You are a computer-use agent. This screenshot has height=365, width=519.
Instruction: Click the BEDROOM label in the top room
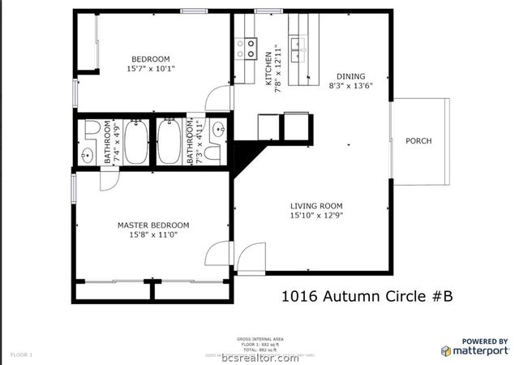click(x=151, y=58)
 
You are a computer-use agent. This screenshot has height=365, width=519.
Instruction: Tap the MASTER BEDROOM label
click(x=153, y=225)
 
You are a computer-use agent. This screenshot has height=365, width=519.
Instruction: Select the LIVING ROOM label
click(x=317, y=205)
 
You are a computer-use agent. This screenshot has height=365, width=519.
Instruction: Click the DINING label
click(x=345, y=74)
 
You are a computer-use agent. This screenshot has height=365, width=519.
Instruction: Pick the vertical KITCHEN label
click(x=269, y=69)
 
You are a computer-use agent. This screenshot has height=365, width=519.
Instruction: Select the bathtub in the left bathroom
click(x=135, y=142)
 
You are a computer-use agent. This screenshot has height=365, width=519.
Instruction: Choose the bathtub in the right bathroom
click(x=170, y=142)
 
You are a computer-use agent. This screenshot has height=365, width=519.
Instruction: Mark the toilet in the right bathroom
click(x=213, y=152)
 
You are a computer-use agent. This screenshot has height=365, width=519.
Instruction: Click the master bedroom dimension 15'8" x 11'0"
click(x=153, y=235)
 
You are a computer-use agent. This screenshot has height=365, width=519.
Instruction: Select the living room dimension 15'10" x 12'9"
click(x=317, y=216)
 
